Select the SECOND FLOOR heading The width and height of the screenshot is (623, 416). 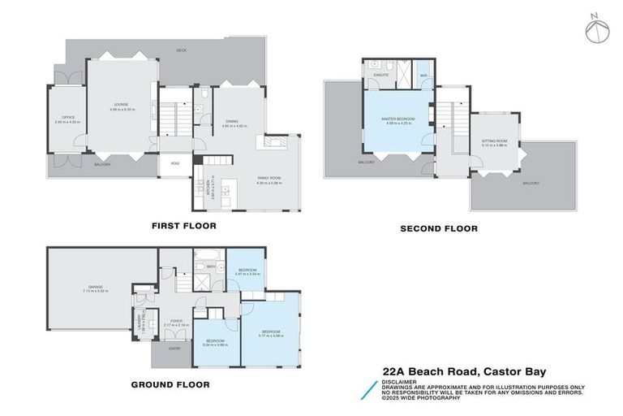coord(438,229)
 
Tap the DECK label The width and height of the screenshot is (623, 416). coord(183,51)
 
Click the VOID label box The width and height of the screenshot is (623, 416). coord(175,164)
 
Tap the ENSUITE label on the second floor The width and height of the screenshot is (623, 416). coord(380,75)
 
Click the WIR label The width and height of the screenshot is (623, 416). coord(423,75)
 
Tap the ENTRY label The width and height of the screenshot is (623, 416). coord(174,349)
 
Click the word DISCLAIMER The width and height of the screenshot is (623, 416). coord(398,381)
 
